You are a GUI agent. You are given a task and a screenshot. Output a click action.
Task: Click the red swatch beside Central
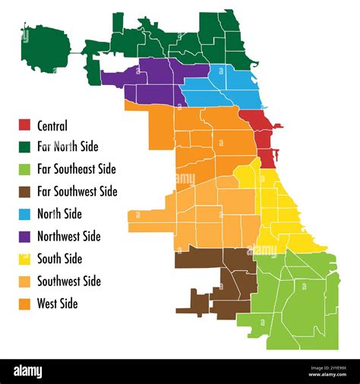point(24,125)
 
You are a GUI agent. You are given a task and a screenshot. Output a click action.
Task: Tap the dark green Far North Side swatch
point(24,147)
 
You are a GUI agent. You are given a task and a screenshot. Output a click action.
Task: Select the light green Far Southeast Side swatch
point(24,169)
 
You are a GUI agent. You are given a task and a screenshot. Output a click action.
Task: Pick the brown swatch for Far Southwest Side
point(24,192)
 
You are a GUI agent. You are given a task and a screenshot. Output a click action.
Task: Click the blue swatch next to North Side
point(24,214)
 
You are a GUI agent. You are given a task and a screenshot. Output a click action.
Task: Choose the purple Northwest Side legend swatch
point(24,237)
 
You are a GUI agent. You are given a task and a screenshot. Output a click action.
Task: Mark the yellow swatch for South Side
point(24,259)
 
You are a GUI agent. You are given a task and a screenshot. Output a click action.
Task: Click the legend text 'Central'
point(52,126)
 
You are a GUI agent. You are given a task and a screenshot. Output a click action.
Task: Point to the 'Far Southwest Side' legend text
point(77,192)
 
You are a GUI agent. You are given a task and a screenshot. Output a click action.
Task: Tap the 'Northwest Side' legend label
point(69,237)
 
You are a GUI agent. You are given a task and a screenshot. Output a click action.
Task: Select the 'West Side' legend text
point(58,304)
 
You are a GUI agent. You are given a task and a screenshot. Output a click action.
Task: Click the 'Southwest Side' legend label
point(69,282)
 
